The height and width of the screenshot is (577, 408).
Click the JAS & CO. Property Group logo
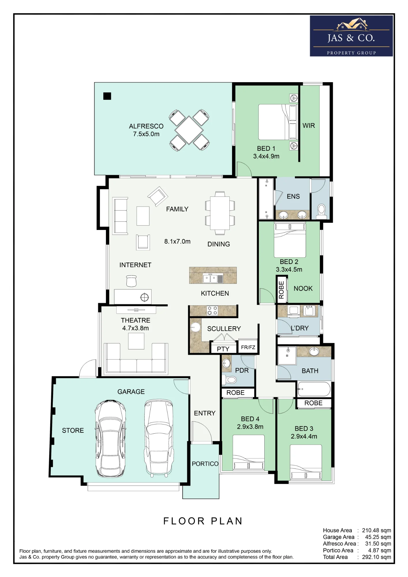click(351, 36)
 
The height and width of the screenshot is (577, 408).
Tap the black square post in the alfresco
click(107, 96)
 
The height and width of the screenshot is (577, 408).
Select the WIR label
click(308, 125)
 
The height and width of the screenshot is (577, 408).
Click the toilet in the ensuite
click(321, 211)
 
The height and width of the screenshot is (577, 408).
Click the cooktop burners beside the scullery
click(212, 310)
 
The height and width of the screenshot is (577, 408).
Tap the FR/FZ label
click(248, 347)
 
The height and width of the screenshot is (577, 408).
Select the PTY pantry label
click(223, 349)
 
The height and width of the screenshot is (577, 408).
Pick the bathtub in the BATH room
click(314, 389)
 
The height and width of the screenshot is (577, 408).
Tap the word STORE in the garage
click(73, 430)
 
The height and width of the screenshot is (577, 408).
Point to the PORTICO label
click(205, 464)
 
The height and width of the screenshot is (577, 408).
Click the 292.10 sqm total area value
click(376, 557)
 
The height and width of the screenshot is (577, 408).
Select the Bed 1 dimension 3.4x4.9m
click(266, 156)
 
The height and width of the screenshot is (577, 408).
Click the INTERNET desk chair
click(131, 281)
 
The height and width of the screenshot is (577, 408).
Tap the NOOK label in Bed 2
click(303, 288)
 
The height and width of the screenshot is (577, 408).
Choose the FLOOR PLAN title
click(203, 521)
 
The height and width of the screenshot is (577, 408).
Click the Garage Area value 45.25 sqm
click(378, 537)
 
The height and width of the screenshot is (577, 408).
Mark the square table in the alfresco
click(189, 130)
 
